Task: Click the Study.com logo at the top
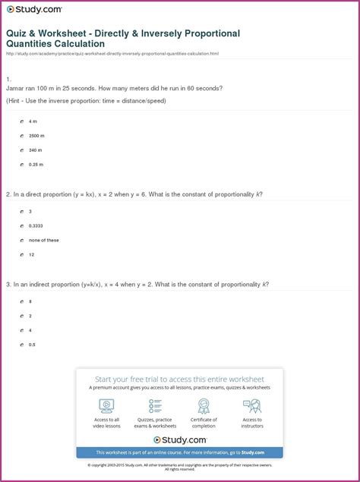point(35,9)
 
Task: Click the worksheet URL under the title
point(112,54)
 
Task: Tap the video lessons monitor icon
point(107,405)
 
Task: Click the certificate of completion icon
point(204,405)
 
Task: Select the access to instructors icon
point(252,405)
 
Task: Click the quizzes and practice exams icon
point(155,405)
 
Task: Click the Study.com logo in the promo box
point(180,439)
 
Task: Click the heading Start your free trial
point(179,379)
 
